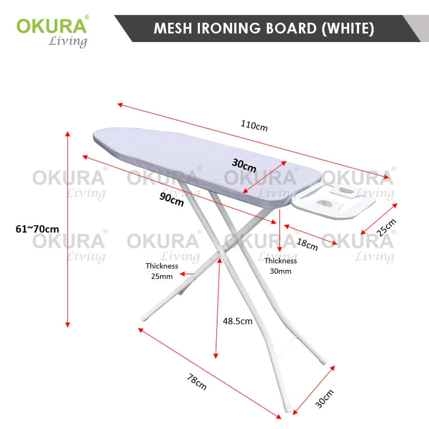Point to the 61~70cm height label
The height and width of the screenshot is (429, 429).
[37, 229]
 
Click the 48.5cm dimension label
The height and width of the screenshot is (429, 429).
[237, 321]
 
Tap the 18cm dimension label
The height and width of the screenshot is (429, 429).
[307, 245]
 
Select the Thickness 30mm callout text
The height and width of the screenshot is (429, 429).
[281, 266]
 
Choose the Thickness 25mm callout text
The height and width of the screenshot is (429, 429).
[162, 271]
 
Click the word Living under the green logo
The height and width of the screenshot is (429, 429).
[68, 42]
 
